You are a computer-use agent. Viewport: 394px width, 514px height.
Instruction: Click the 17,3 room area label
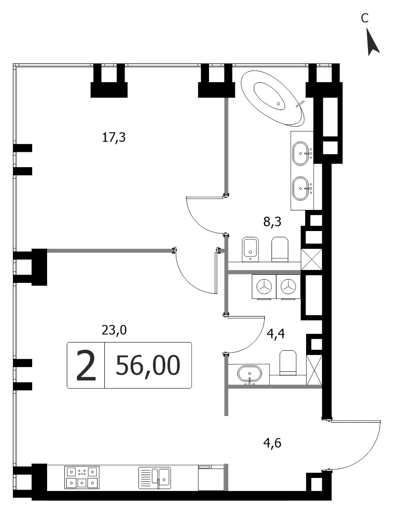(x=114, y=137)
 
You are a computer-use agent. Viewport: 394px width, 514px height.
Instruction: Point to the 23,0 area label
(x=114, y=330)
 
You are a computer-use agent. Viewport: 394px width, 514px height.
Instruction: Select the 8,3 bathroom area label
(x=272, y=222)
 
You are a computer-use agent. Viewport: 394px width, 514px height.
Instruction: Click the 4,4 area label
(x=276, y=334)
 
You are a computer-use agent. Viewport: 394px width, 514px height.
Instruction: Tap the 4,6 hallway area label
(x=272, y=443)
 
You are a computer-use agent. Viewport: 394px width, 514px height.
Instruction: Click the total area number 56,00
(x=148, y=366)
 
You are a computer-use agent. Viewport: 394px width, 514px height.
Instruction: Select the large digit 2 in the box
(x=86, y=366)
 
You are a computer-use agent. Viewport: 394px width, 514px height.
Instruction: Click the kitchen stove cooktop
(x=82, y=477)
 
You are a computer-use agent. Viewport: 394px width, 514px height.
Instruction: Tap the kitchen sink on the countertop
(x=155, y=477)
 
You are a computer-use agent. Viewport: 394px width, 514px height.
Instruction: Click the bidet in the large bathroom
(x=250, y=249)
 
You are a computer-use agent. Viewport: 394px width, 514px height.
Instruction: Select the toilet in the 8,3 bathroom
(x=280, y=249)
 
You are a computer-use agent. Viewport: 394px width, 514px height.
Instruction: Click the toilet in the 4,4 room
(x=288, y=363)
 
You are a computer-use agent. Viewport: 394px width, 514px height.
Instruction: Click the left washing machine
(x=264, y=287)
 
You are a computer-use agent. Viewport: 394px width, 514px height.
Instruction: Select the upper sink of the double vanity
(x=302, y=153)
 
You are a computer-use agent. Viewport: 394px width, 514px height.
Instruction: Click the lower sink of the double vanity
(x=302, y=188)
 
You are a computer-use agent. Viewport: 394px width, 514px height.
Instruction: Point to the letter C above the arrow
(x=365, y=18)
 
